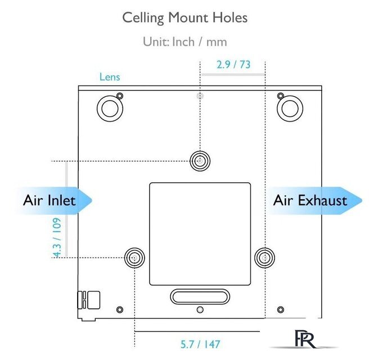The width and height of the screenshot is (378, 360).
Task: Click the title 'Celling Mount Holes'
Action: tap(185, 18)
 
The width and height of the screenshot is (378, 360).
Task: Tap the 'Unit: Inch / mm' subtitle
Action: tap(185, 42)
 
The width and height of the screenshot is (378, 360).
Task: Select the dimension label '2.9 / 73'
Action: tap(233, 65)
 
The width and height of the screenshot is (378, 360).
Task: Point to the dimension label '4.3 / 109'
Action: tap(57, 238)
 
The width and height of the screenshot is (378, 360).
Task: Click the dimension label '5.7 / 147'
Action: tap(200, 344)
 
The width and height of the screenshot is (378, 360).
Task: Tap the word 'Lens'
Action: tap(110, 77)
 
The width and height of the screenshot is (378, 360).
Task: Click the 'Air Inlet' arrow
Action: tap(54, 201)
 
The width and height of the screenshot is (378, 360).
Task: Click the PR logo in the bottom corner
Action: tap(304, 339)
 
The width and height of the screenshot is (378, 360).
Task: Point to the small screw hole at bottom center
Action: tap(200, 309)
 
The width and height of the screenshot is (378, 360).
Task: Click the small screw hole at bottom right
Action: tap(281, 309)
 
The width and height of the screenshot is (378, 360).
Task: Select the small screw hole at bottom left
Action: tap(120, 309)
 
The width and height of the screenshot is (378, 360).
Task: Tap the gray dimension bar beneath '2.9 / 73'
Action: tap(233, 74)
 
